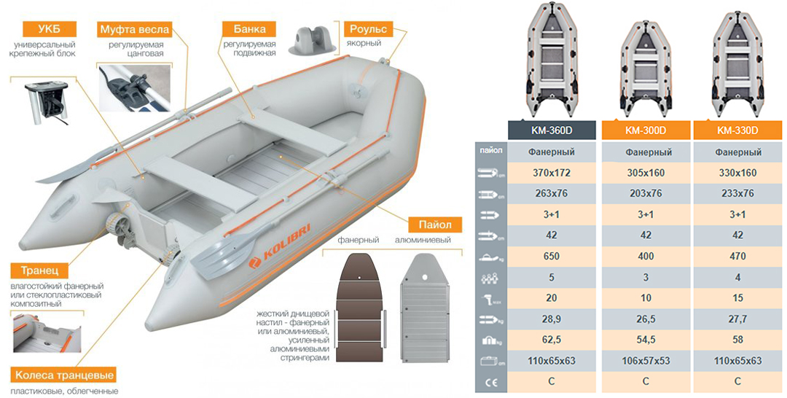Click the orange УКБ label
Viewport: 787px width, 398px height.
tap(49, 29)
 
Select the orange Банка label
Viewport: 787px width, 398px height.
tap(249, 29)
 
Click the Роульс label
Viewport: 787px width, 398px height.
tap(368, 29)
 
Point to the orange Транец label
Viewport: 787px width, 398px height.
tap(39, 271)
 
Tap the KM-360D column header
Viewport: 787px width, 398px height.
tap(552, 130)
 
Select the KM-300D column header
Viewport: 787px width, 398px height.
tap(646, 130)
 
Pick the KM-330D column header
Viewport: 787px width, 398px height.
tap(737, 130)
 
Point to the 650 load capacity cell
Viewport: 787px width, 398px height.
tap(552, 257)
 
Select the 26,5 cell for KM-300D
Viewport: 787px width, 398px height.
tap(646, 319)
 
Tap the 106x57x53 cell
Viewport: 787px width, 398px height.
tap(646, 361)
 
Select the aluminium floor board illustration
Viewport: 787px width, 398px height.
tap(424, 307)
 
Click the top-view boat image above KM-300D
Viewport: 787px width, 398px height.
tap(646, 69)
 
